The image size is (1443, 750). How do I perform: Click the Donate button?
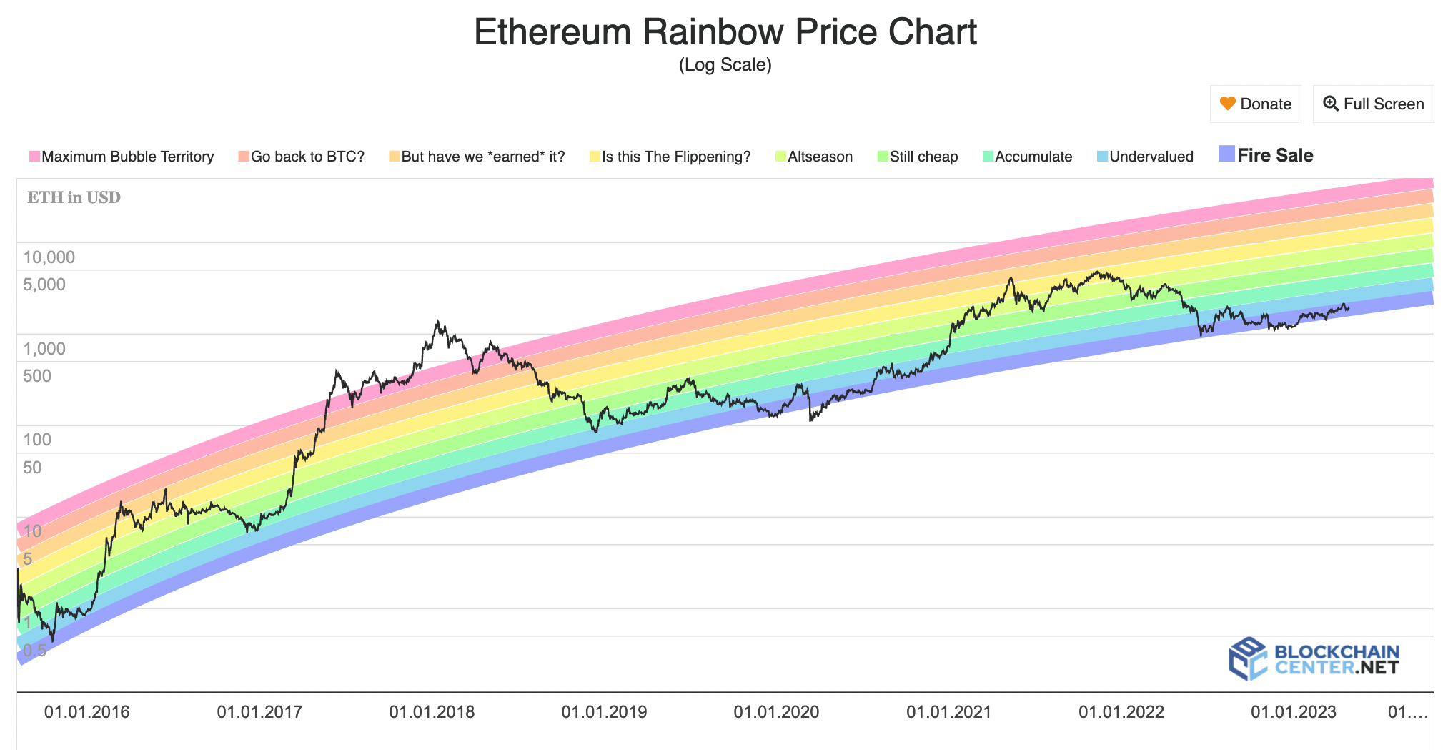click(x=1255, y=104)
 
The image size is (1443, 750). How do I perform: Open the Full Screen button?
click(x=1373, y=104)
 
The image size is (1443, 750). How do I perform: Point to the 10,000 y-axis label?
click(x=49, y=257)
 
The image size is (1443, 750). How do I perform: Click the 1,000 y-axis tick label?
click(x=44, y=349)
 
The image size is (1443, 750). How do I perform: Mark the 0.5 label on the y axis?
click(x=34, y=651)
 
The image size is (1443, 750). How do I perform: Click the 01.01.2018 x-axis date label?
click(x=432, y=712)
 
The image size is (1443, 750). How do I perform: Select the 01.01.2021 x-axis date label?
click(x=948, y=712)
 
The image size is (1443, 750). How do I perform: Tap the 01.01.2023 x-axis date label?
click(x=1293, y=712)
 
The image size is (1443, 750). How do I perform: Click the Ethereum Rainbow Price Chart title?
click(x=725, y=32)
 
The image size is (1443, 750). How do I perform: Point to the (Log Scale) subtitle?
click(x=725, y=65)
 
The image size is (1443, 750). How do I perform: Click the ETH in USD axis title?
click(x=74, y=197)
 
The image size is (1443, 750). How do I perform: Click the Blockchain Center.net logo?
click(x=1314, y=659)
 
